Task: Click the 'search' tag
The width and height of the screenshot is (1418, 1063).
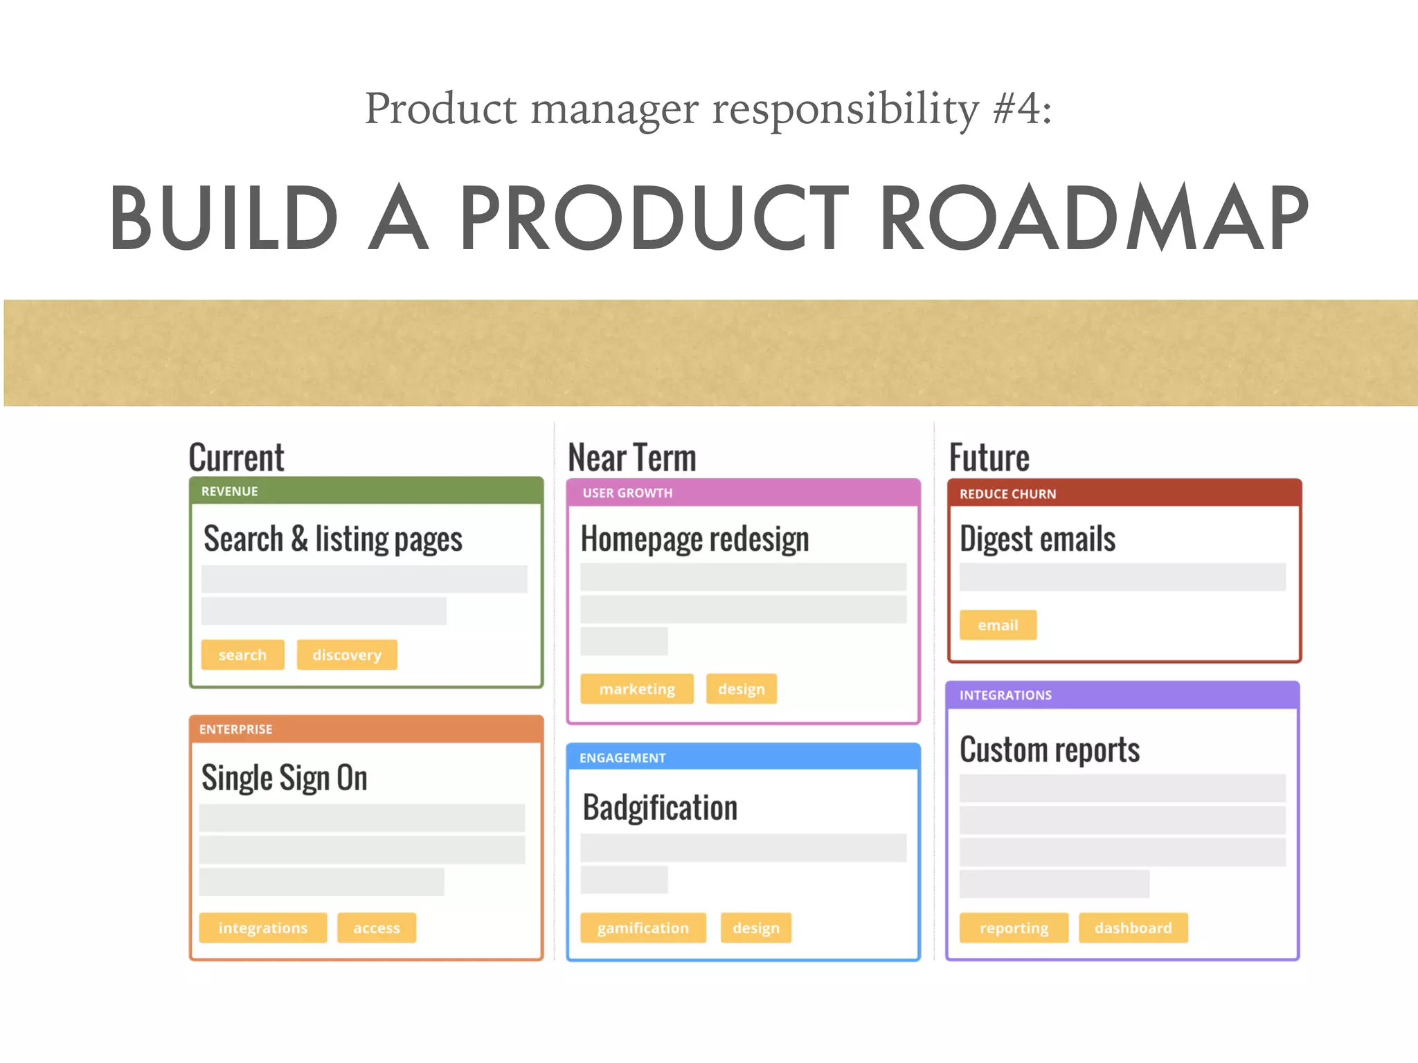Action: point(242,655)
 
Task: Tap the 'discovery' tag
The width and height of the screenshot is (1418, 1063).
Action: point(347,655)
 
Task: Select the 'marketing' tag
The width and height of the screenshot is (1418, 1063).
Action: point(637,689)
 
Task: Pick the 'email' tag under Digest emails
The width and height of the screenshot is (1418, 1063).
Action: point(998,625)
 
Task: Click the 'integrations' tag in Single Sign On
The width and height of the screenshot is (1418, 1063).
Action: point(263,927)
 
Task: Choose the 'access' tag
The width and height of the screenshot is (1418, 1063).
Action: point(377,927)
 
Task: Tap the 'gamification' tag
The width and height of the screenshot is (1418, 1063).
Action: point(643,927)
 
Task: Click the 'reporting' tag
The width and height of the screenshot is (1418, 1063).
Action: point(1014,927)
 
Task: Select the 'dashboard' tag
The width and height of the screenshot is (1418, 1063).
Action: point(1133,927)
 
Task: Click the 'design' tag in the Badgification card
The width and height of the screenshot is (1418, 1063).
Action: point(756,927)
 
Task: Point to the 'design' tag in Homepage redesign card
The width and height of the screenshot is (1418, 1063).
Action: point(742,689)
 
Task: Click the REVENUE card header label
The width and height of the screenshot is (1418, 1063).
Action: point(230,491)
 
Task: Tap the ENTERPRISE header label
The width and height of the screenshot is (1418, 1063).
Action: point(236,729)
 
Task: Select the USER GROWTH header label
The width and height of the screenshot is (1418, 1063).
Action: point(627,493)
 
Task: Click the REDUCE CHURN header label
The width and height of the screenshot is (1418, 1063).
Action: point(1008,494)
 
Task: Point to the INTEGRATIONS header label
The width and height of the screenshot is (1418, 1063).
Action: point(1005,695)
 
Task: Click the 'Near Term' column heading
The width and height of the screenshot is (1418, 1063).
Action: point(632,457)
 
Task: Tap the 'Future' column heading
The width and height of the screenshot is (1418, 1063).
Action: point(989,457)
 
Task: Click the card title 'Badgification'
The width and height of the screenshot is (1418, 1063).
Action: point(661,808)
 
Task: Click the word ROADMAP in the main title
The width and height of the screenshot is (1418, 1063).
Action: point(1094,218)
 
